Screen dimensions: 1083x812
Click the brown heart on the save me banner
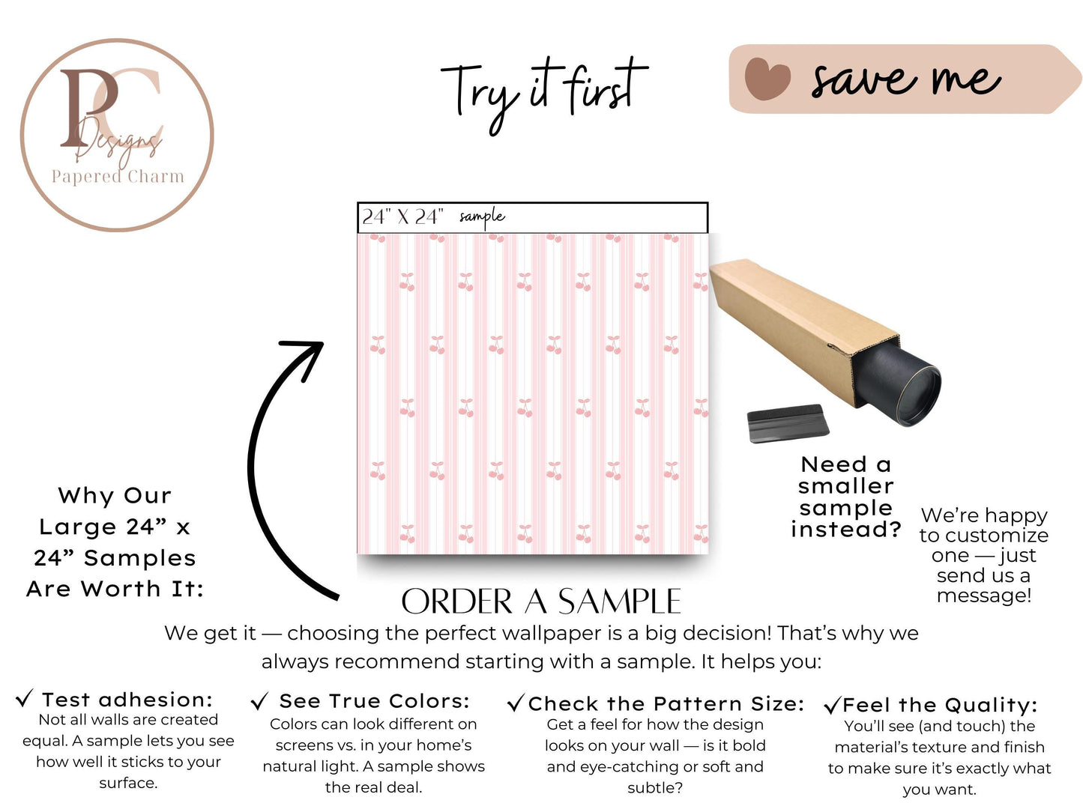point(767,79)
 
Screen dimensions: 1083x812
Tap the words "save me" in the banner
point(906,80)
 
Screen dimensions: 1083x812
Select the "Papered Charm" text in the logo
point(118,177)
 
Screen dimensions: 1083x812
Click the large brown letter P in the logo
point(88,107)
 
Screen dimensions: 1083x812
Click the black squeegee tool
point(788,423)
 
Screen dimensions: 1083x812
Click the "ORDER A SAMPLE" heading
point(541,602)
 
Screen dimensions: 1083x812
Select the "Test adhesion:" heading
point(127,700)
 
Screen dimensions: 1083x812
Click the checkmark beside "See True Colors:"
point(259,701)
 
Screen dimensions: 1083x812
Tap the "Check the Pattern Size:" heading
point(666,704)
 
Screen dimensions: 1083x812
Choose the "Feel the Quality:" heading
point(939,706)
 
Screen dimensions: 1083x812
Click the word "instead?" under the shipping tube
point(846,530)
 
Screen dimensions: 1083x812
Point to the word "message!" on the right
point(984,596)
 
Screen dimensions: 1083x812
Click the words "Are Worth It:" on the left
point(115,590)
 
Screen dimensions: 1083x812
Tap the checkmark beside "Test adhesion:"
point(25,698)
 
